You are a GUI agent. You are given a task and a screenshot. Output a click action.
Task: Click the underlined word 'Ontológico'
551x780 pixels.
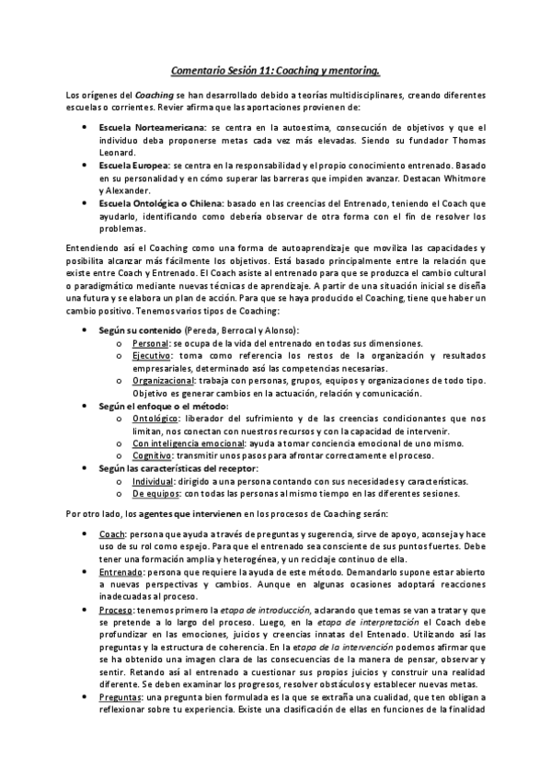point(155,418)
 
